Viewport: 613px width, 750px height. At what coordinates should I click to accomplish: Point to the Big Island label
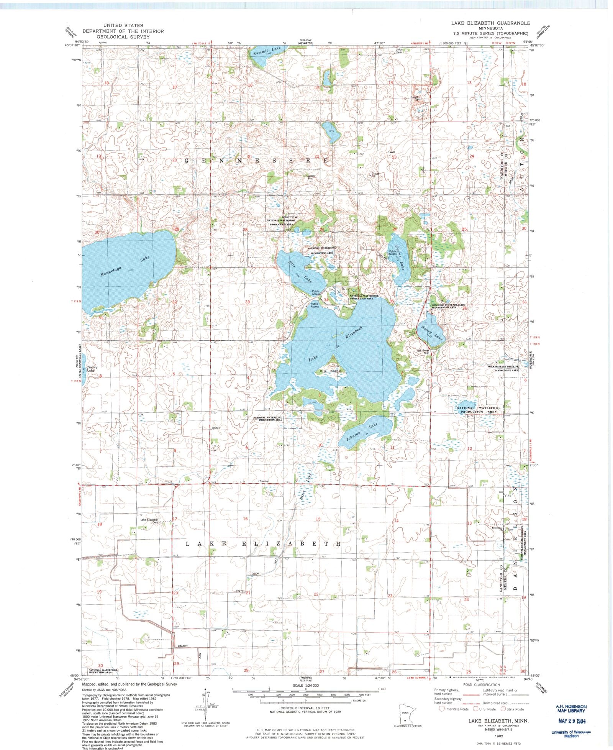(x=330, y=371)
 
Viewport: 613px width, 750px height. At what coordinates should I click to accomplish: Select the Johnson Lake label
(x=362, y=431)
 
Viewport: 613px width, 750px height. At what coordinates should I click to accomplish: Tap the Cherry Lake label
(x=92, y=369)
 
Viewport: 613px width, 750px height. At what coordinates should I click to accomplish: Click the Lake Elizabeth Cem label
(x=149, y=521)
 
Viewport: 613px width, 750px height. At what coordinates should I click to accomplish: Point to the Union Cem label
(x=399, y=51)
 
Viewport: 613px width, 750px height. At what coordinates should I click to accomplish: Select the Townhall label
(x=264, y=481)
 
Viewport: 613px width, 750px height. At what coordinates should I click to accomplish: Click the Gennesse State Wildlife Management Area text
(x=444, y=306)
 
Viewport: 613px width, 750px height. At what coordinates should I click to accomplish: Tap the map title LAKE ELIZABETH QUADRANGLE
(x=490, y=23)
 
